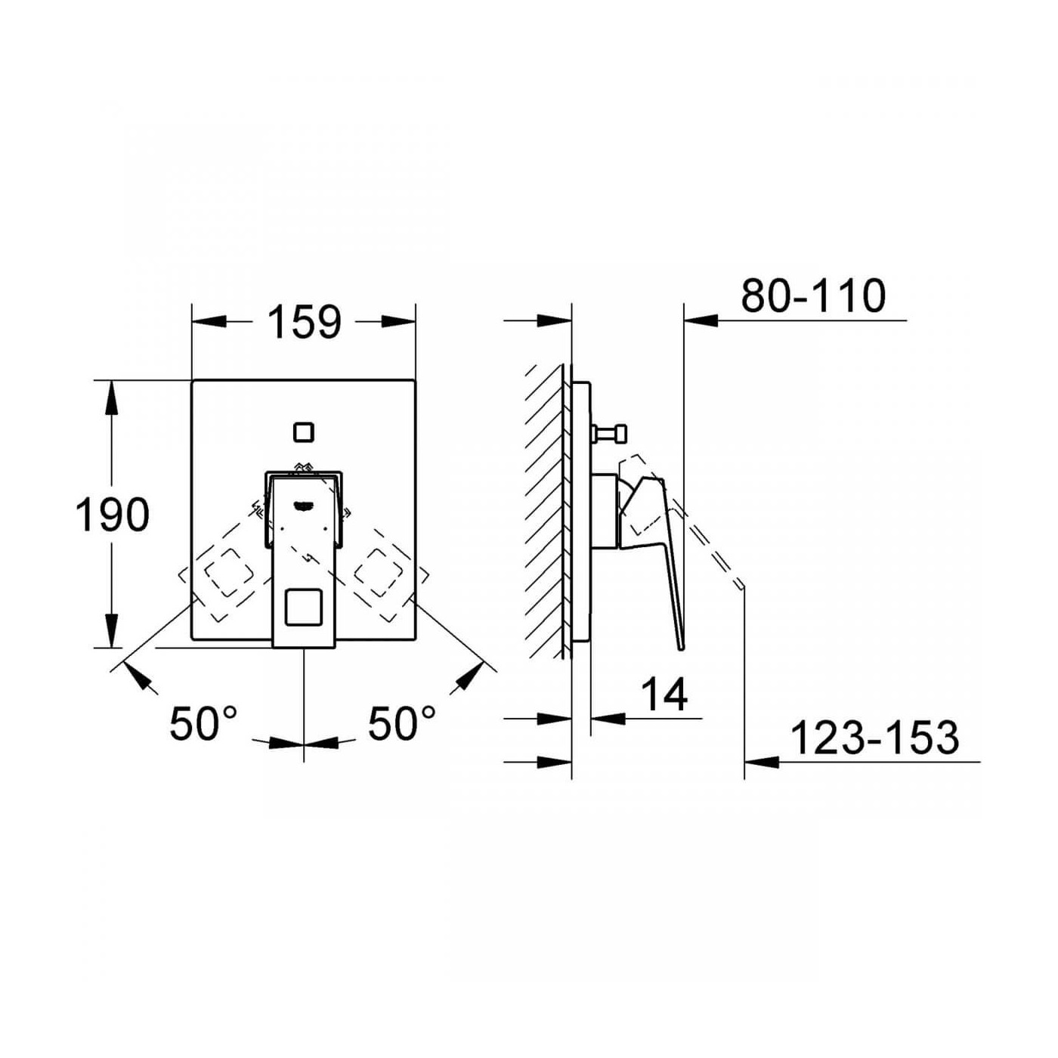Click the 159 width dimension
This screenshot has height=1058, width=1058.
[x=304, y=322]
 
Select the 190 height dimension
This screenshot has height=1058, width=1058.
[x=112, y=515]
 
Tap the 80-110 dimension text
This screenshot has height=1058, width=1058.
[x=813, y=295]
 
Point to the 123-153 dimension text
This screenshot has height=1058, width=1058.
[x=874, y=738]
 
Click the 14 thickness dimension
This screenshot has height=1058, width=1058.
[x=664, y=695]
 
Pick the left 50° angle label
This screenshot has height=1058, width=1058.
[x=203, y=723]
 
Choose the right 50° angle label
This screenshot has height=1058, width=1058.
[x=402, y=723]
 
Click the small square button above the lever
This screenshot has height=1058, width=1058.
[x=304, y=432]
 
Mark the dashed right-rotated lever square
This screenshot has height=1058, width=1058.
[x=382, y=575]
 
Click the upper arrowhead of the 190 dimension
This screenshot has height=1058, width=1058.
[x=112, y=398]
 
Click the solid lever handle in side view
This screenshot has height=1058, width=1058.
[x=657, y=544]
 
